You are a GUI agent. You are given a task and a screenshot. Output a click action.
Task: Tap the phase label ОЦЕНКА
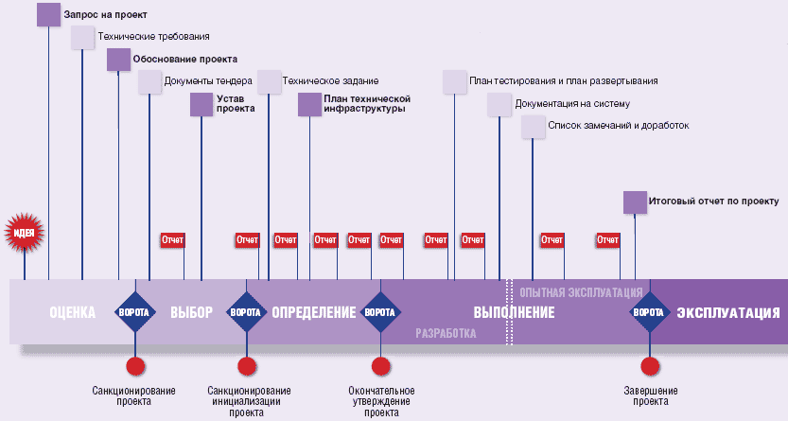73,312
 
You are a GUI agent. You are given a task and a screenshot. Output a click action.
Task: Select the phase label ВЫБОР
192,312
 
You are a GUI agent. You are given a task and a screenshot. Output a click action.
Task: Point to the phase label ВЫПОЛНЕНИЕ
514,312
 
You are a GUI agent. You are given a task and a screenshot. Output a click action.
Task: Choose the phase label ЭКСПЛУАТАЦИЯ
727,312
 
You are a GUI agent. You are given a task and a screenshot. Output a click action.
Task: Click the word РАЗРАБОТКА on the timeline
446,334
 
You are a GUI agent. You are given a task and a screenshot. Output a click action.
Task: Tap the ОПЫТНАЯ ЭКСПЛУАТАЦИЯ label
582,291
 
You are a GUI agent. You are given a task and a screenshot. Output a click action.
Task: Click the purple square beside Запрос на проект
48,15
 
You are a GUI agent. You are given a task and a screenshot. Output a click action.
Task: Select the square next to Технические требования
83,37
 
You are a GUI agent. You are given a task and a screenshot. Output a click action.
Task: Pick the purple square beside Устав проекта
201,104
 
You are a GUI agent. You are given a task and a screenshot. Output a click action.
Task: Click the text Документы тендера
208,81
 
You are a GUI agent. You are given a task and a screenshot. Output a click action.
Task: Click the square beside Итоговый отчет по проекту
635,202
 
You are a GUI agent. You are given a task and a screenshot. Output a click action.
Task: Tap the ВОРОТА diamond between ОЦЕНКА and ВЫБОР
135,312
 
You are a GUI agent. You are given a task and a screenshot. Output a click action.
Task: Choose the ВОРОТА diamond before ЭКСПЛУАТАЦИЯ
649,312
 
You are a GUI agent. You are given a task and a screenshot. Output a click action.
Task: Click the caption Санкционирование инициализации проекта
248,401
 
